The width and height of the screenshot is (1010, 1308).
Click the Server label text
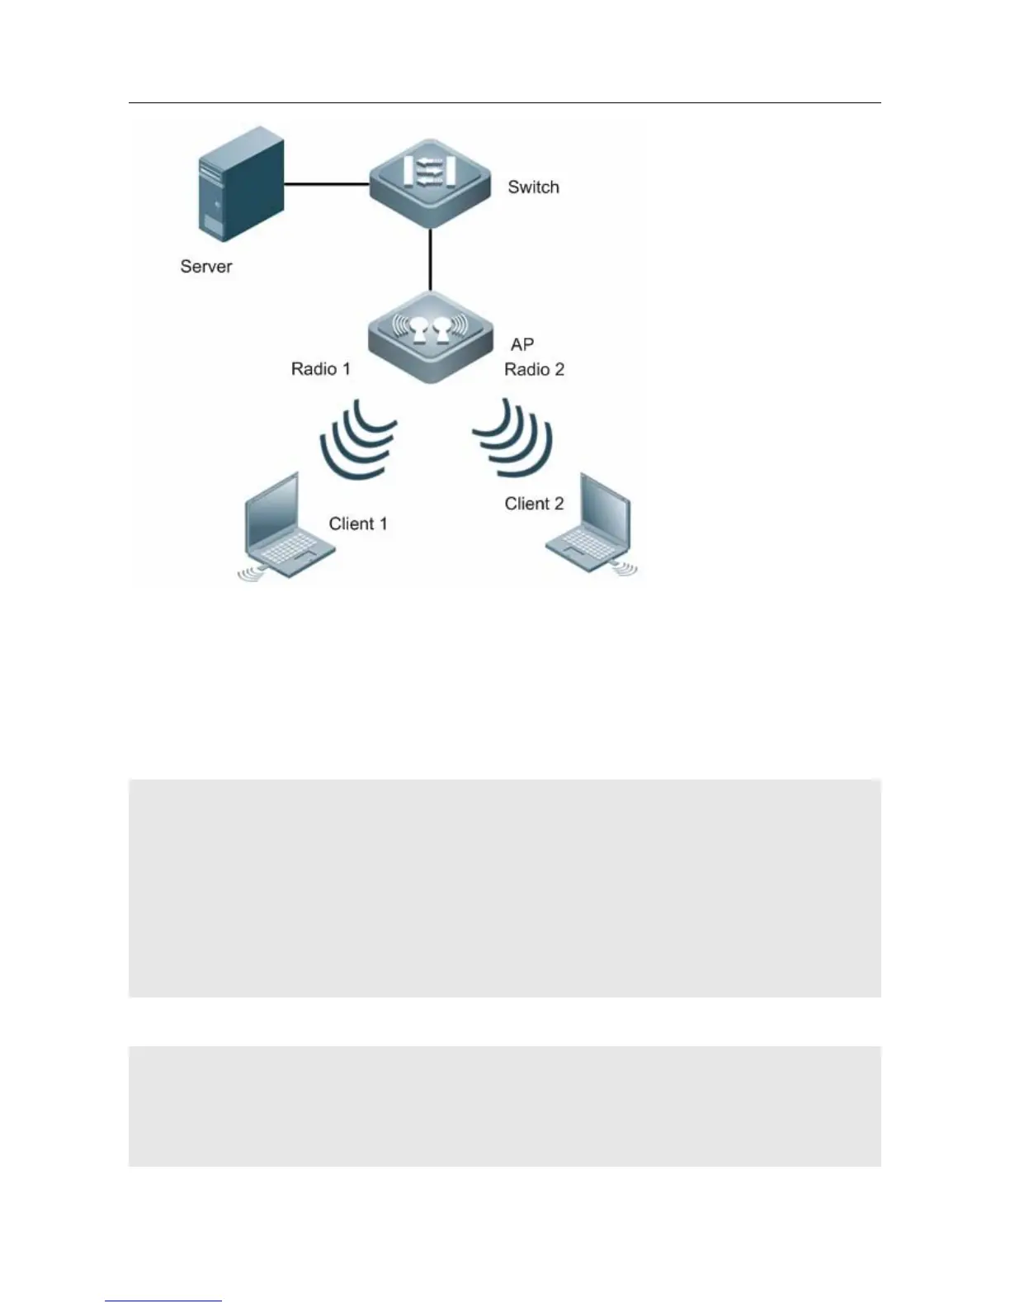point(206,267)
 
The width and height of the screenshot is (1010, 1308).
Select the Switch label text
point(533,187)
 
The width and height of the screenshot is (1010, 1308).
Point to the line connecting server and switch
point(326,184)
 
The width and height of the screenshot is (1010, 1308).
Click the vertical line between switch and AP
point(430,259)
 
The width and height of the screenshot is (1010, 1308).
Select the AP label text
point(522,344)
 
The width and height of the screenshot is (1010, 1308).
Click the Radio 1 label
point(320,368)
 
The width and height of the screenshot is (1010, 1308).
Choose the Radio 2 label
point(534,369)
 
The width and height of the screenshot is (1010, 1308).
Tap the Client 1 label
point(357,524)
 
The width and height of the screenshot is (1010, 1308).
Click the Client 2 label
point(534,504)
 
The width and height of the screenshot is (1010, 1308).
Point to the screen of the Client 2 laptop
point(606,508)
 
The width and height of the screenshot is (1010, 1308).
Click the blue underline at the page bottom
point(163,1301)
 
